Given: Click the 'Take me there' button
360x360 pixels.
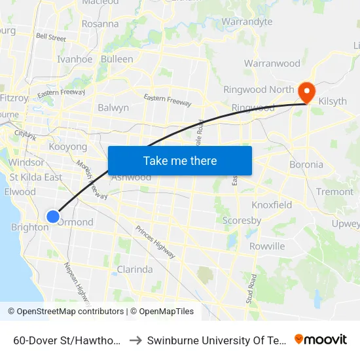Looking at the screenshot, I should pos(180,160).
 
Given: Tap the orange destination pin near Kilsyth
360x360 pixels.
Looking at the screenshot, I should pos(306,92).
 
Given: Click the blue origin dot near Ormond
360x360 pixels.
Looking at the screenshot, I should pos(53,216).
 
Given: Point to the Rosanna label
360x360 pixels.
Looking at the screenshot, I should pos(100,24).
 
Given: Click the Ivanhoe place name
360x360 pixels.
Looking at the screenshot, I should pos(75,59).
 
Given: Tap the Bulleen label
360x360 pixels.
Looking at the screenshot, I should pos(117,59).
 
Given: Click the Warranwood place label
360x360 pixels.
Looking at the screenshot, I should pos(272,63).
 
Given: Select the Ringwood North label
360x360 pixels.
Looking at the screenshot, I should pos(258,90).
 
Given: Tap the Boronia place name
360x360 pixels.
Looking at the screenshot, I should pos(306,164).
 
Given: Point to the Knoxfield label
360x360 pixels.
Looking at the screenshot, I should pos(272,205).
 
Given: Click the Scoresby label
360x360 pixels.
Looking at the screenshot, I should pos(242,221).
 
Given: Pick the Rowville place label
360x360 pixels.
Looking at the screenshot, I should pos(267,246).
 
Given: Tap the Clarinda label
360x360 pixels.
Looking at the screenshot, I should pos(134,269).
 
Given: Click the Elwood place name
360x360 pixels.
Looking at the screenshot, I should pos(20,192).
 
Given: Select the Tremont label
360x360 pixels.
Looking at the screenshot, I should pos(334,192).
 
